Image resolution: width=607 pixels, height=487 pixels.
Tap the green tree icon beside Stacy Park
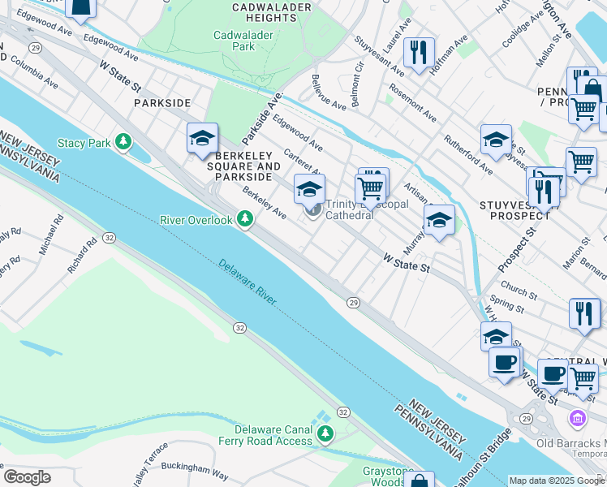(x=123, y=144)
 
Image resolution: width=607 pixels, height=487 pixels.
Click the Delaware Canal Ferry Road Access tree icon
(x=325, y=434)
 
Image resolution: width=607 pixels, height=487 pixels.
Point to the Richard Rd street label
(x=83, y=255)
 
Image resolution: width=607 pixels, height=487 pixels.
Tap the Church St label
(x=519, y=290)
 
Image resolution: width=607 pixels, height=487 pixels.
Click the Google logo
(x=27, y=477)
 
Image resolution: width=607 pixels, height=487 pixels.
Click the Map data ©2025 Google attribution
(x=557, y=481)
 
